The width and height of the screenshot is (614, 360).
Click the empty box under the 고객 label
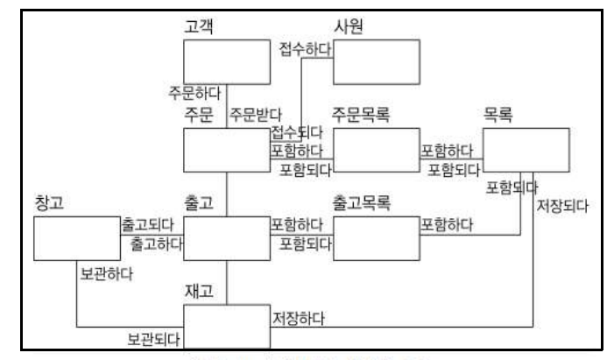(x=227, y=62)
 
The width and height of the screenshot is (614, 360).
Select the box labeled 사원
(x=376, y=62)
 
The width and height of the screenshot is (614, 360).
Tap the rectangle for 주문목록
(x=376, y=150)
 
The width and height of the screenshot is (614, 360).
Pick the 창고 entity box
(x=76, y=238)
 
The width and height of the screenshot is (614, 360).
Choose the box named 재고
(x=227, y=326)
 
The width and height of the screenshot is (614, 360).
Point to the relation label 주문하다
(x=194, y=91)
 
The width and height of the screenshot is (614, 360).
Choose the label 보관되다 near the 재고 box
(x=153, y=337)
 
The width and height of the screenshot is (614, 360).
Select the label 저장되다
(x=561, y=208)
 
